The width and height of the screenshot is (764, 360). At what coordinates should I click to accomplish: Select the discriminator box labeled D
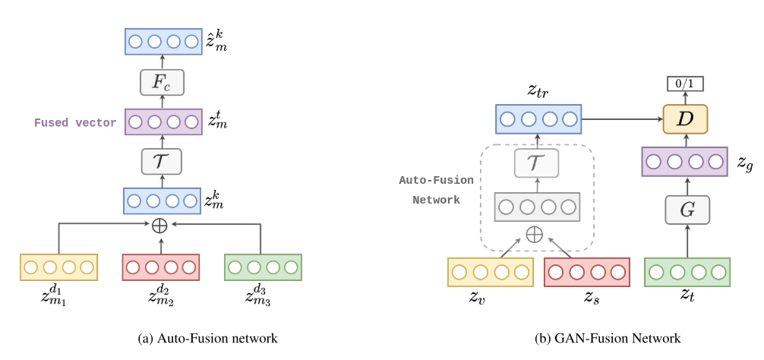tap(685, 119)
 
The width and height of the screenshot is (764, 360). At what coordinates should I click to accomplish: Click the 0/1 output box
tap(685, 83)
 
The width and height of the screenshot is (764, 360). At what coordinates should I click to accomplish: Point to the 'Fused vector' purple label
tap(75, 122)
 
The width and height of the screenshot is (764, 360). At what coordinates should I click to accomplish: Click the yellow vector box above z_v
tap(490, 272)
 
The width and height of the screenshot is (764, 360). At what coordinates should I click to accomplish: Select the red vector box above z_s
tap(586, 272)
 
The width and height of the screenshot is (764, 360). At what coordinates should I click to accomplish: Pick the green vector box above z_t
tap(687, 272)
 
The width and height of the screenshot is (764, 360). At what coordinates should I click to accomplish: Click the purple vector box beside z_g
tap(686, 162)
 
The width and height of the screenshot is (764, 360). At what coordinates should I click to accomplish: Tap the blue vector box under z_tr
tap(538, 119)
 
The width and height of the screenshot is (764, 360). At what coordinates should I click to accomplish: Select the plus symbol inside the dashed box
tap(535, 233)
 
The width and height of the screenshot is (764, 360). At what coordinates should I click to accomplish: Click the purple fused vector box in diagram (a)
tap(163, 122)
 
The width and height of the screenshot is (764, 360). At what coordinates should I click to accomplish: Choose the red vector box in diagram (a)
tap(160, 267)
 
